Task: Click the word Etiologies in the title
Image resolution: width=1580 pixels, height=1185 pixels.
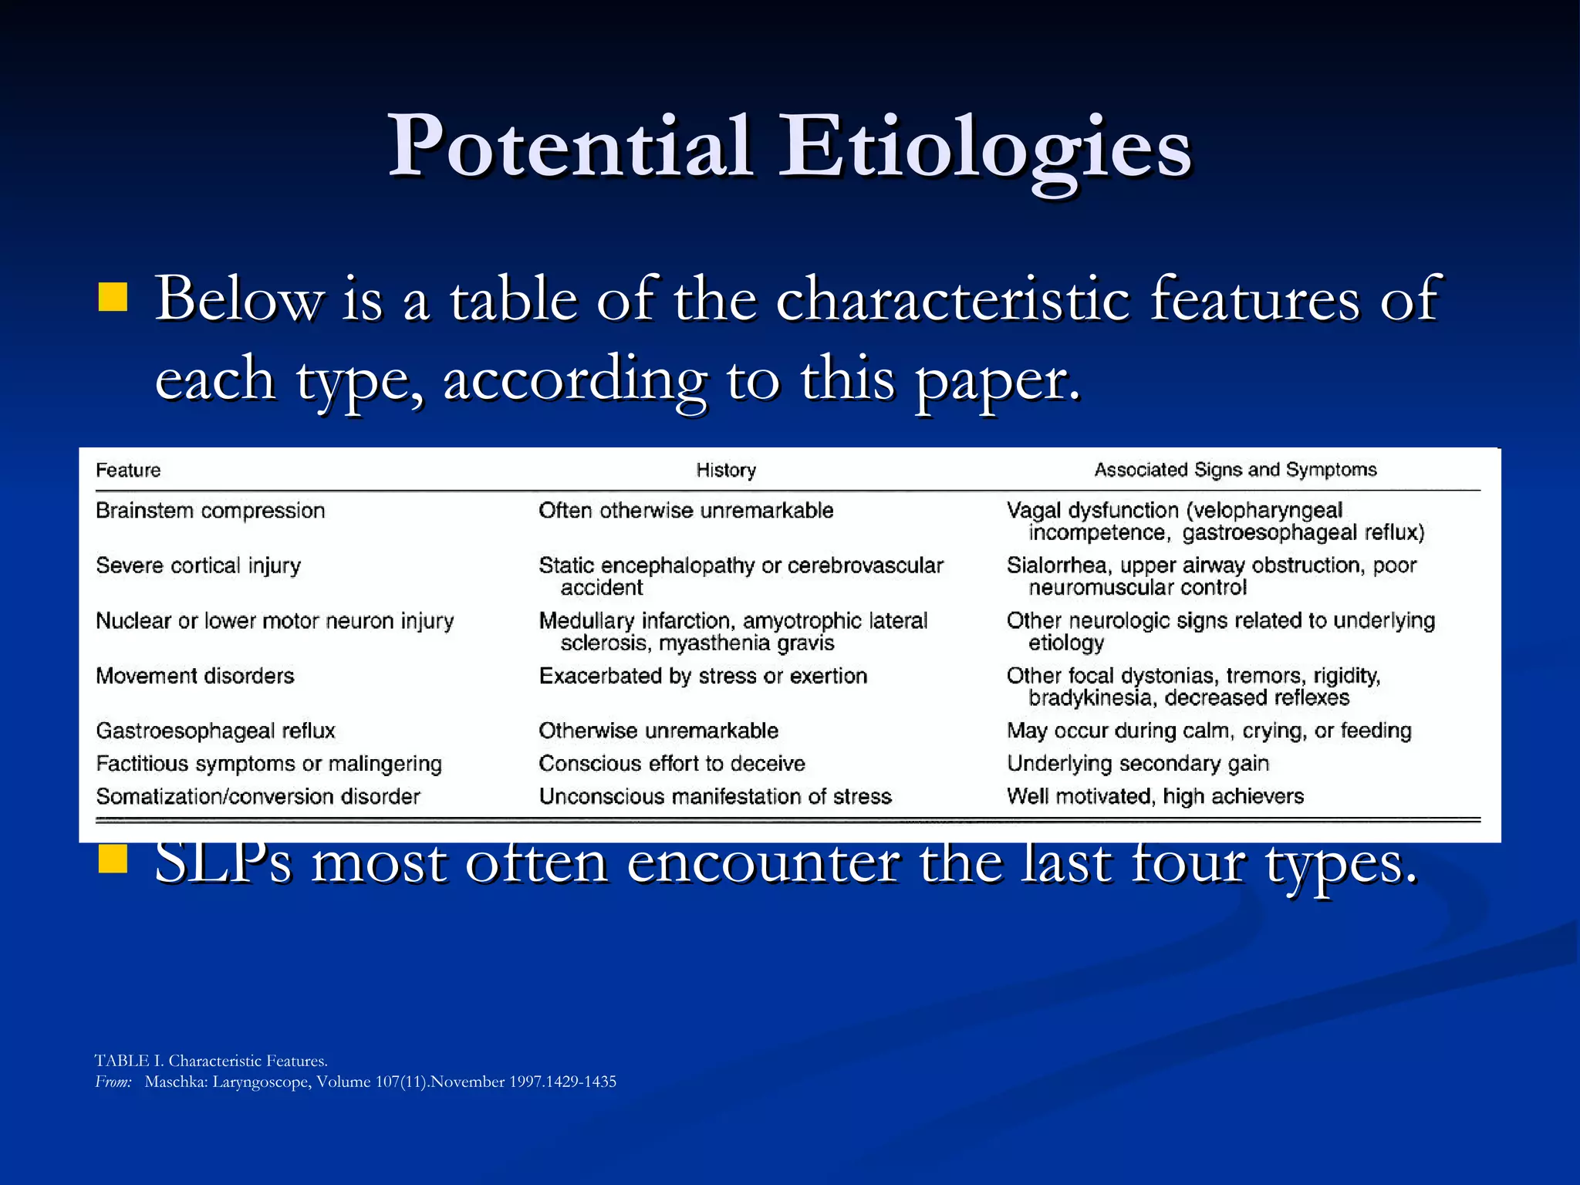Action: click(985, 147)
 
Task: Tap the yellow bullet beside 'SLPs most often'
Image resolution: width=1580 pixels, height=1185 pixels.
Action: click(113, 859)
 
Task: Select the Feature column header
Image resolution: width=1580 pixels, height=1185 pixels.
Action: click(128, 470)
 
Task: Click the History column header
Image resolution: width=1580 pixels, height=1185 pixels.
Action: click(725, 470)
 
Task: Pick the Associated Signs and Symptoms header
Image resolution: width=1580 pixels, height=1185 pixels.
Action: click(1235, 469)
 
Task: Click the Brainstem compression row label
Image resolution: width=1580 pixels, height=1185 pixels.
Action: click(210, 510)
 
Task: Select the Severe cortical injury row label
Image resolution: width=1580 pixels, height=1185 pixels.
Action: click(198, 565)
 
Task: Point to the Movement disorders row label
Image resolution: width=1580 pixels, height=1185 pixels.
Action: click(195, 676)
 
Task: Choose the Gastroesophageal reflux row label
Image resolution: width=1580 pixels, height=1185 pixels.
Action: click(215, 731)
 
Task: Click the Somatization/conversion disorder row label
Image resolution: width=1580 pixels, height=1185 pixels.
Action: click(258, 796)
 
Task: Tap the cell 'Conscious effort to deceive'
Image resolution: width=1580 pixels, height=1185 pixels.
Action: click(671, 763)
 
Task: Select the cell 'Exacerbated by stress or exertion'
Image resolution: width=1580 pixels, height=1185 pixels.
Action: click(703, 676)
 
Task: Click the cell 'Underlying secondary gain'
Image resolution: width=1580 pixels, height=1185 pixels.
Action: click(1137, 763)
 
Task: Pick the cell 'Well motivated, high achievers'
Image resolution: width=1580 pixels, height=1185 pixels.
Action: click(1155, 796)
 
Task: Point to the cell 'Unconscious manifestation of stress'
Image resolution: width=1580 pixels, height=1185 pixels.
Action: click(714, 796)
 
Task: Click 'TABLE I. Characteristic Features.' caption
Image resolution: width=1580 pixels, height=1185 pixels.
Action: click(211, 1061)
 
